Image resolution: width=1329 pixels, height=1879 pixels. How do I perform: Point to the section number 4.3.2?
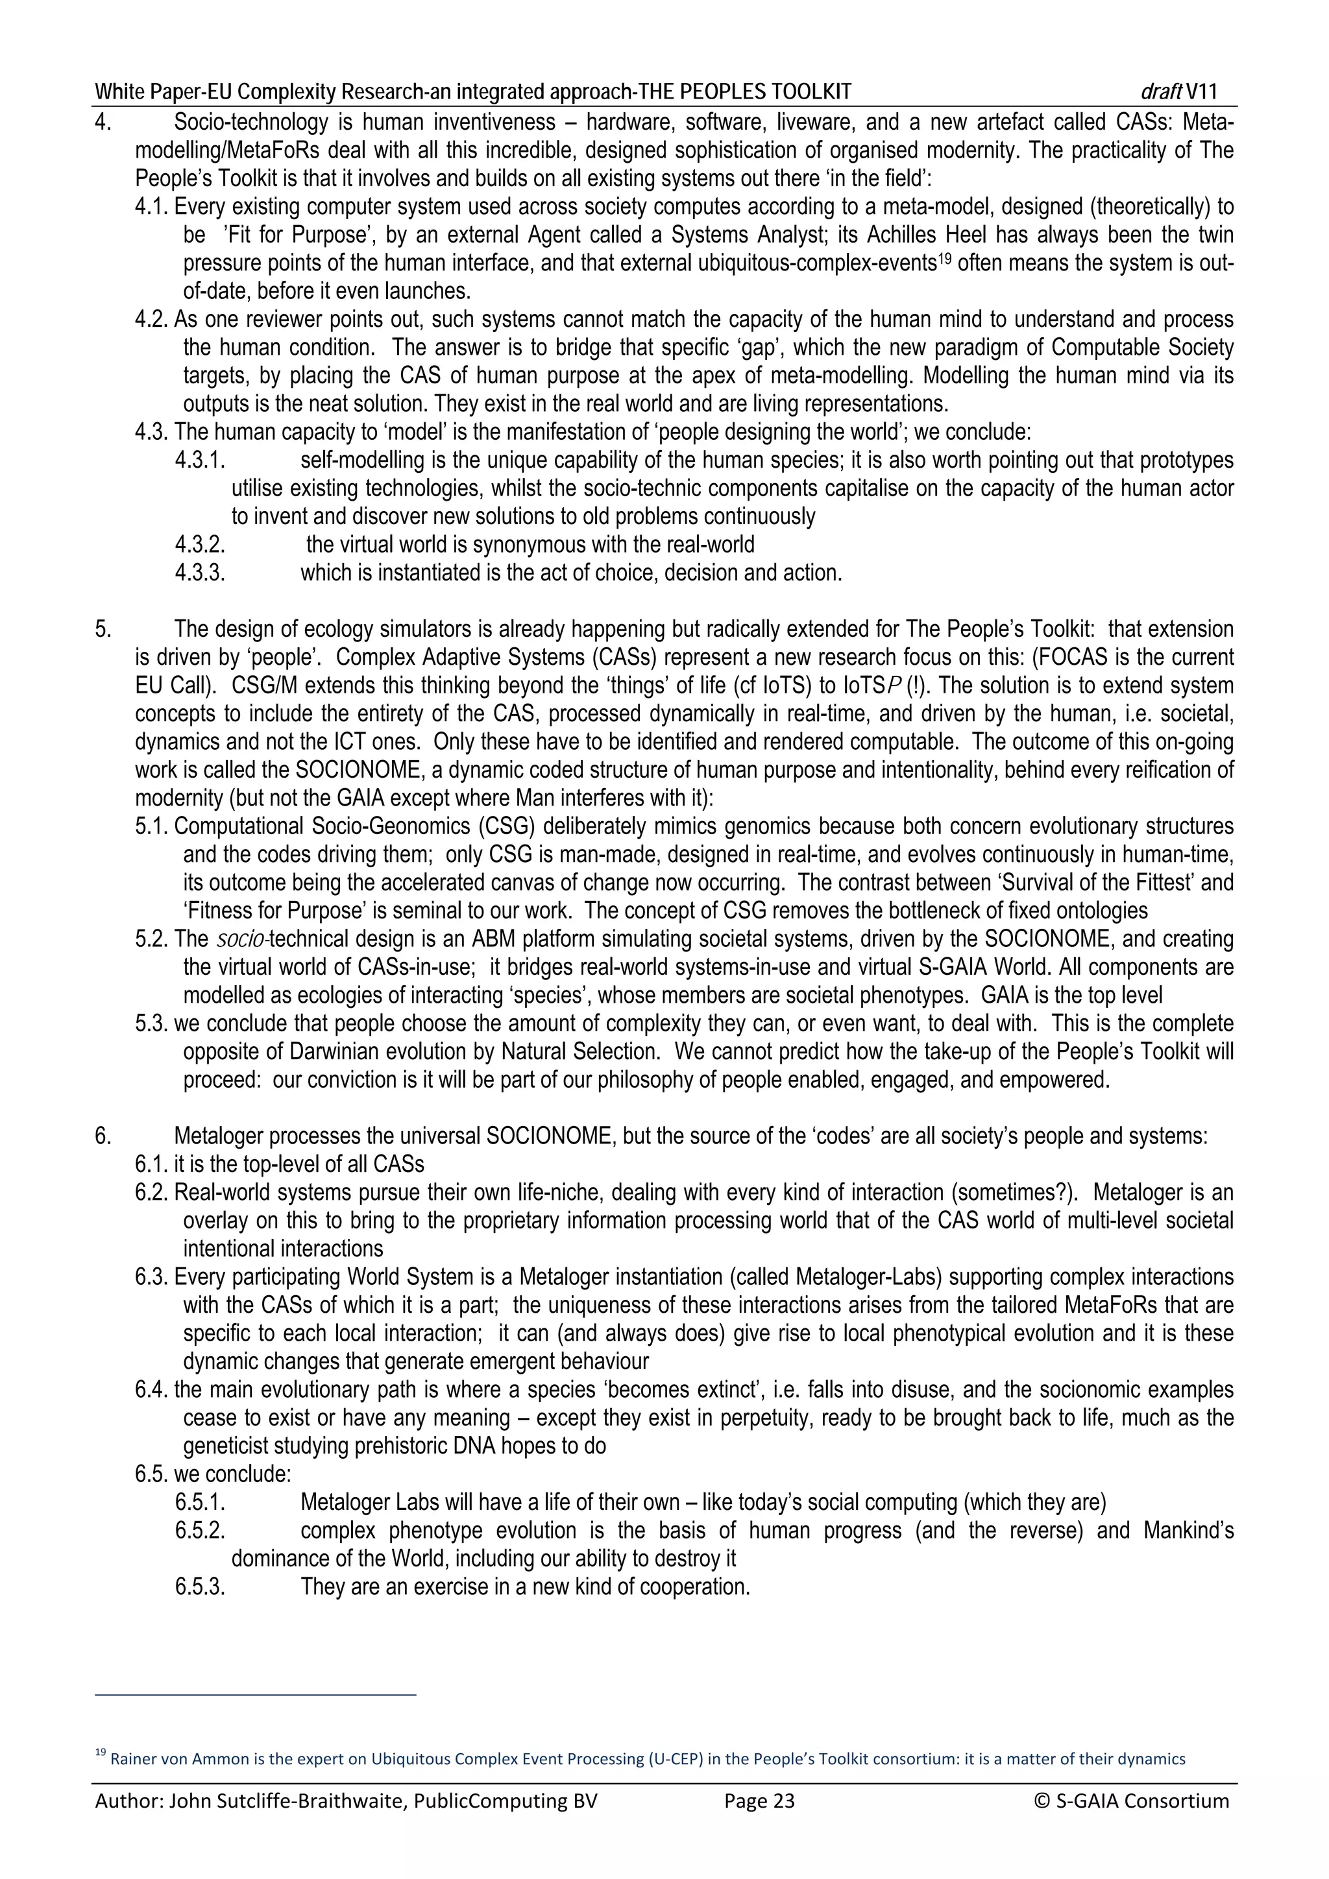(x=200, y=545)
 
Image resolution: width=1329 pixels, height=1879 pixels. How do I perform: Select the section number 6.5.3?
(x=200, y=1588)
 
